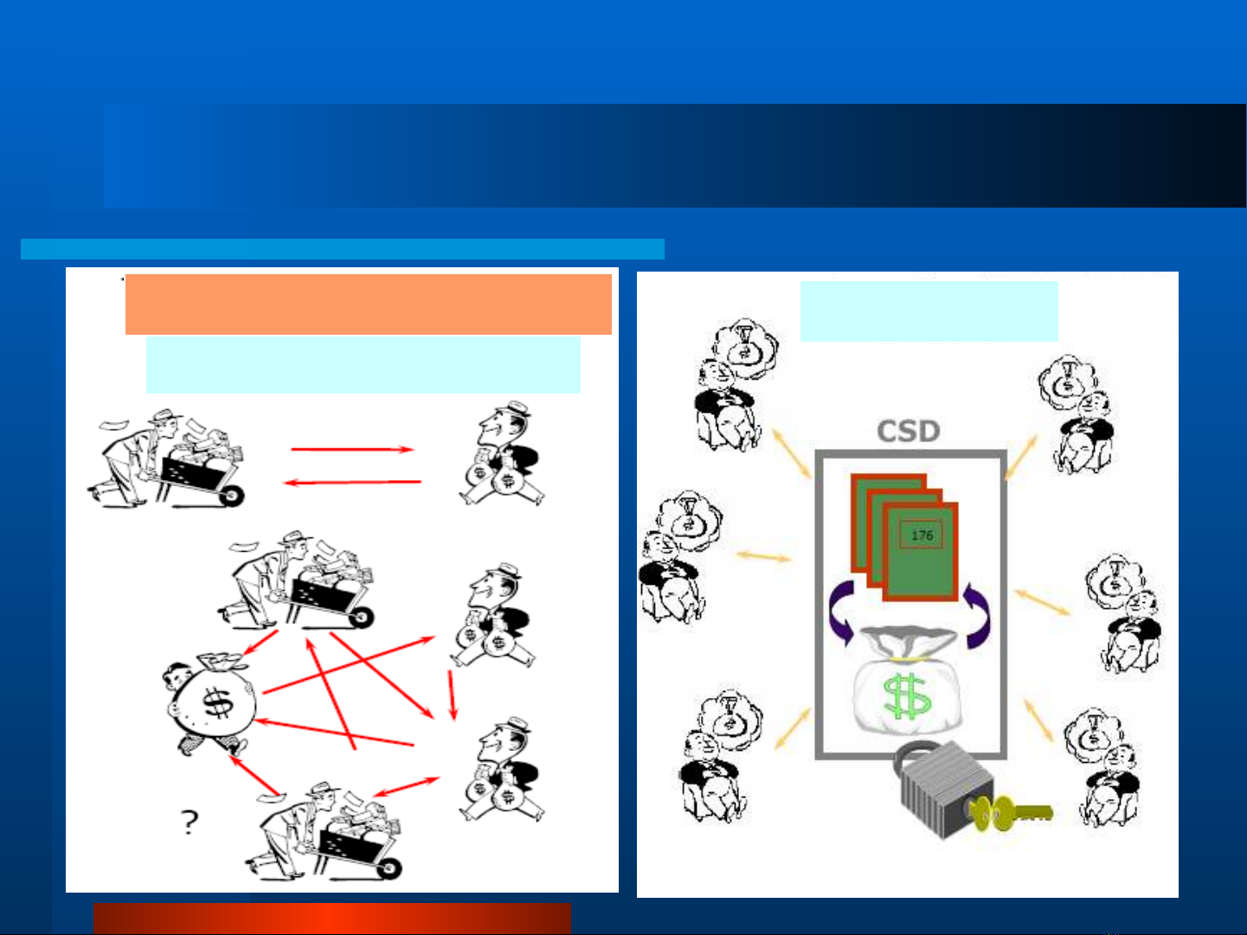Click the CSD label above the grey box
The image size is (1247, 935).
point(909,431)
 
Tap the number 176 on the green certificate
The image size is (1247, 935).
point(922,535)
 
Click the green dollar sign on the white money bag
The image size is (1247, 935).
point(907,696)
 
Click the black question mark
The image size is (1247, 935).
point(190,822)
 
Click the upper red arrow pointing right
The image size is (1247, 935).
point(352,449)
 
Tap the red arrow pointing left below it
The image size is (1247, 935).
point(352,483)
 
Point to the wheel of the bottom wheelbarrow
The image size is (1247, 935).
point(389,868)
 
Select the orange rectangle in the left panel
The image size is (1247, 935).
point(368,304)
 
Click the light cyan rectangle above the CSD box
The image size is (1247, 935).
point(929,311)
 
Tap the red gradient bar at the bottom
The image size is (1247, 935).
point(331,918)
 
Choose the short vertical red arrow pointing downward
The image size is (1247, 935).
point(452,695)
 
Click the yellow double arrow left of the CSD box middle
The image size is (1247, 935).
point(763,556)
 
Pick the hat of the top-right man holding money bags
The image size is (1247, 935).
point(514,409)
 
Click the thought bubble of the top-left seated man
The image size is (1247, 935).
point(745,348)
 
